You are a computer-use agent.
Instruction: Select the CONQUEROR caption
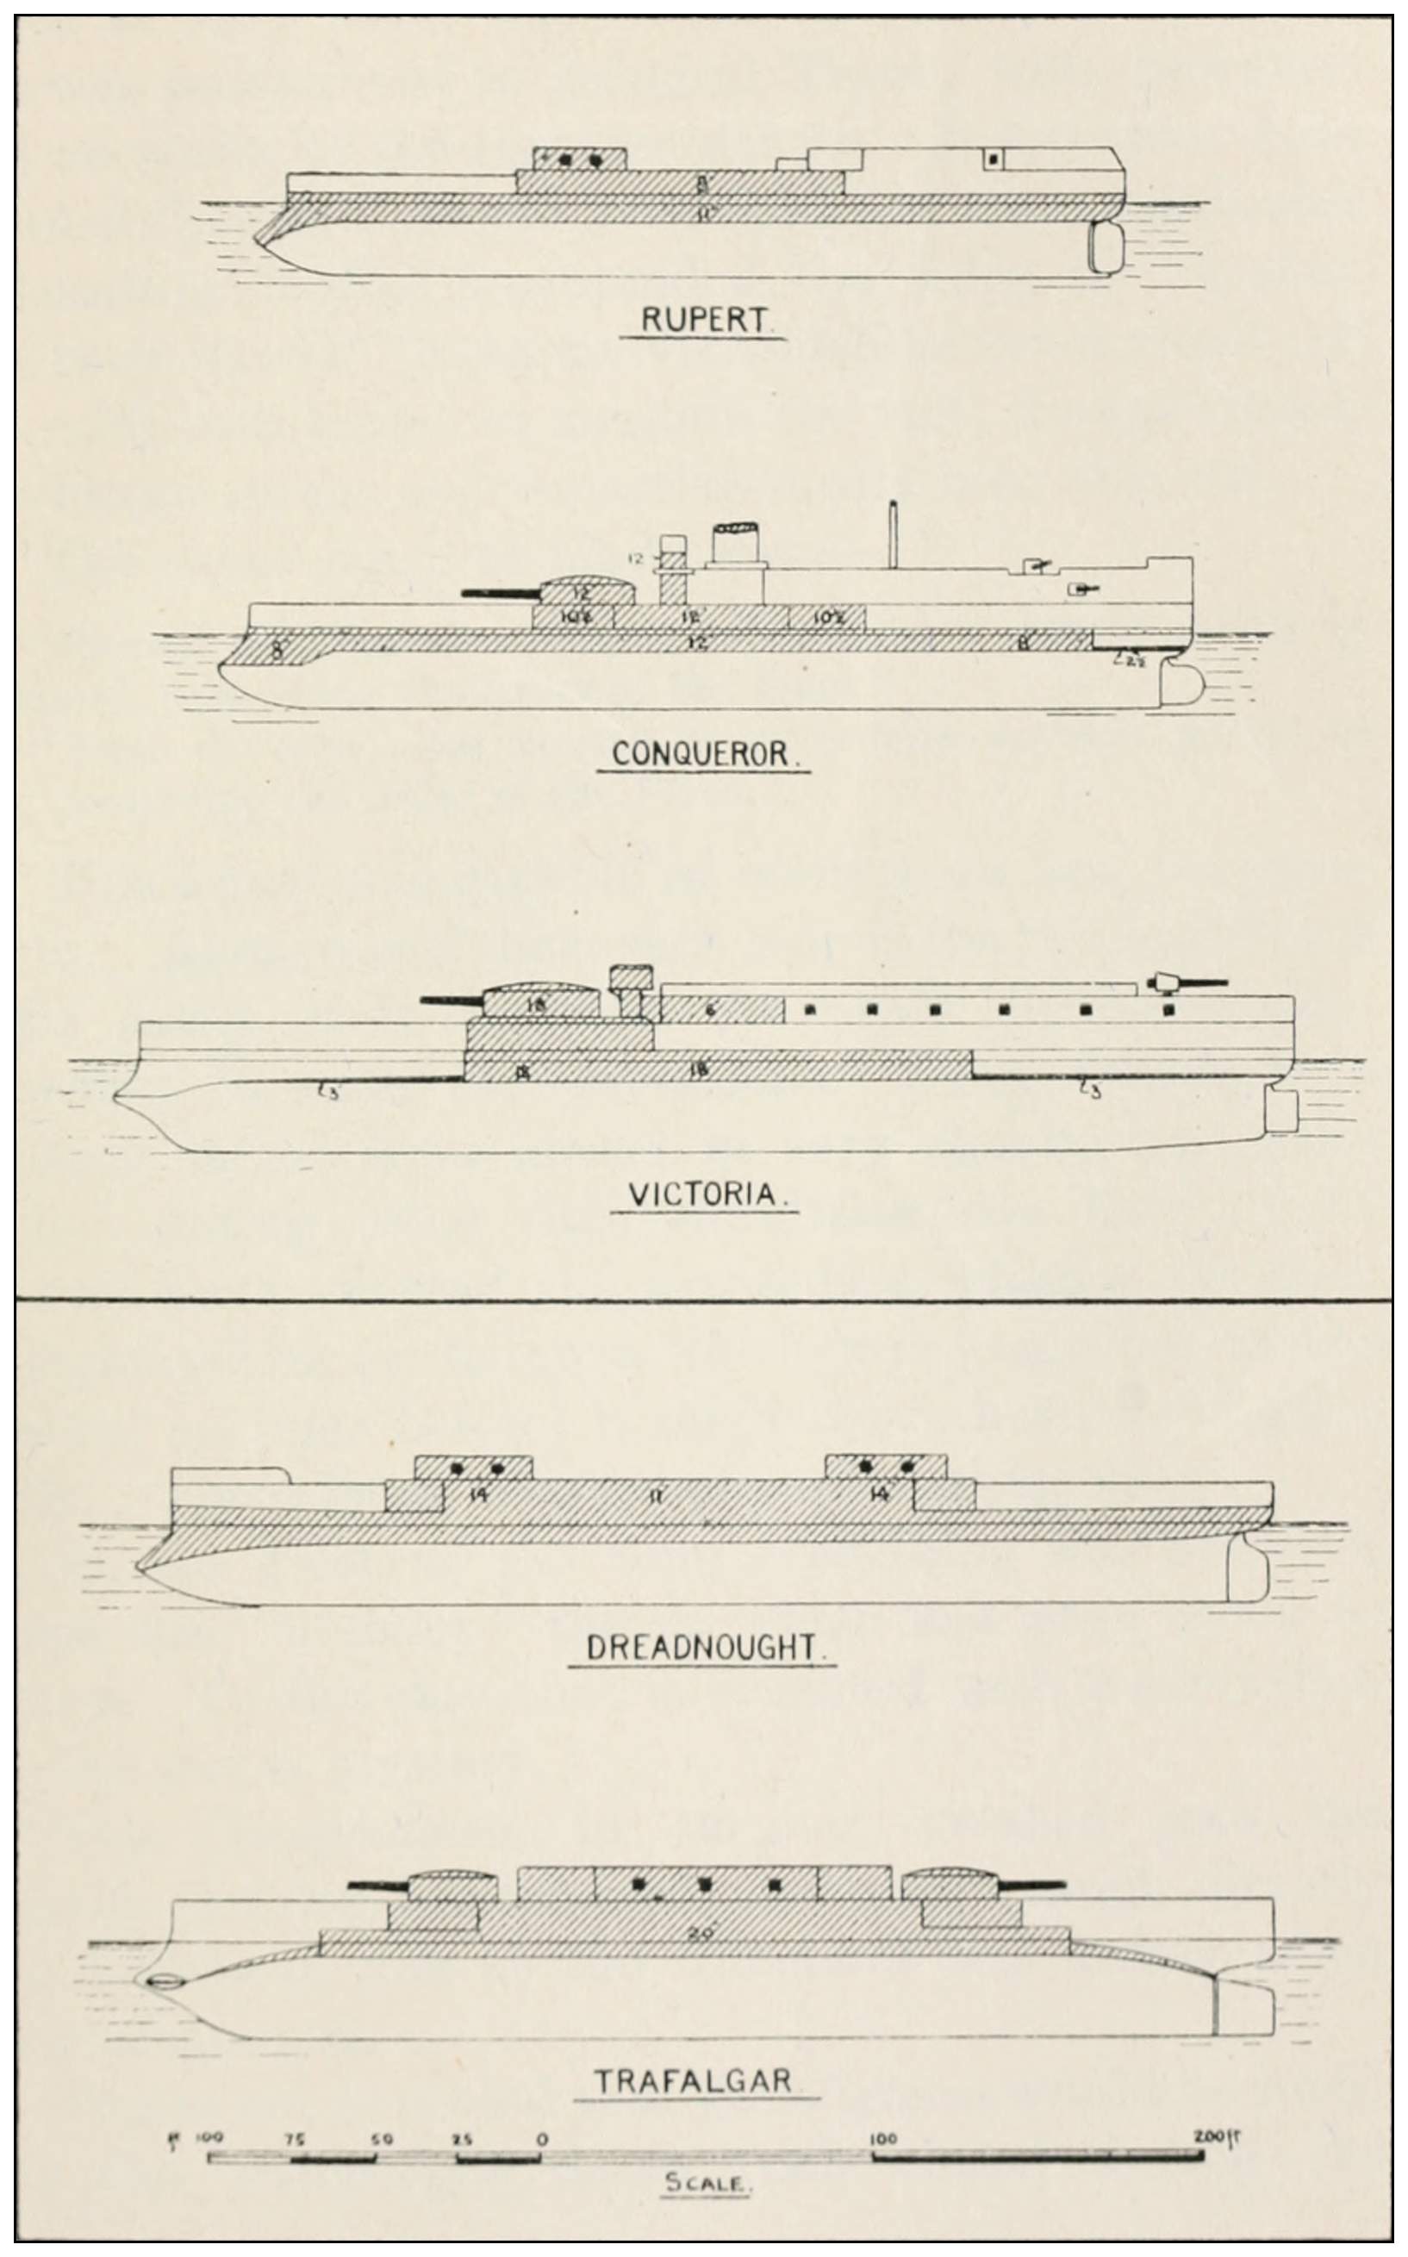pyautogui.click(x=704, y=754)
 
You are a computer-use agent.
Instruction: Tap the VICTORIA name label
pyautogui.click(x=704, y=1194)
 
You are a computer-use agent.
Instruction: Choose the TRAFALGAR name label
pyautogui.click(x=695, y=2080)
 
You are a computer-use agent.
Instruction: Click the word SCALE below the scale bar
pyautogui.click(x=705, y=2181)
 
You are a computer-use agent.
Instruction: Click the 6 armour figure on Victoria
pyautogui.click(x=711, y=1009)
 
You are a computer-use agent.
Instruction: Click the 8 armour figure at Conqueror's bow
pyautogui.click(x=277, y=650)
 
